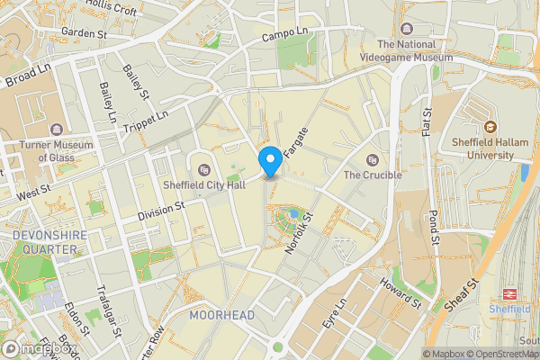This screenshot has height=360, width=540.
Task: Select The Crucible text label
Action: point(372,175)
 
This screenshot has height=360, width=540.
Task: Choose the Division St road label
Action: point(161,212)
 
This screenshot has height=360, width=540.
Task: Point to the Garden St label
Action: point(85,33)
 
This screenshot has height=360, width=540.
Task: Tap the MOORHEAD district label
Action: point(221,315)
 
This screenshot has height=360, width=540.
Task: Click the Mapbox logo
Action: point(37,348)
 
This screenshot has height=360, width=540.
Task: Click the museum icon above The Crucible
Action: point(372,159)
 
